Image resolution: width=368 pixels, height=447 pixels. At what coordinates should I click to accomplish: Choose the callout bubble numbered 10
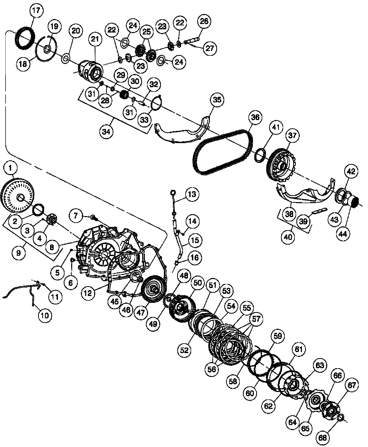click(x=45, y=315)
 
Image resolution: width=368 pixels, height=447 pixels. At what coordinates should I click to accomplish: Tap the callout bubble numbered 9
click(x=19, y=253)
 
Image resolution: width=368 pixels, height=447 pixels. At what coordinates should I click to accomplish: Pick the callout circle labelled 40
click(x=288, y=237)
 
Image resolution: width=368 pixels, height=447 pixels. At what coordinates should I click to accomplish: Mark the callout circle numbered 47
click(x=141, y=312)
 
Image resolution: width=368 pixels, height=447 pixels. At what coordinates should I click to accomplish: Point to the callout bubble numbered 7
click(x=76, y=216)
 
